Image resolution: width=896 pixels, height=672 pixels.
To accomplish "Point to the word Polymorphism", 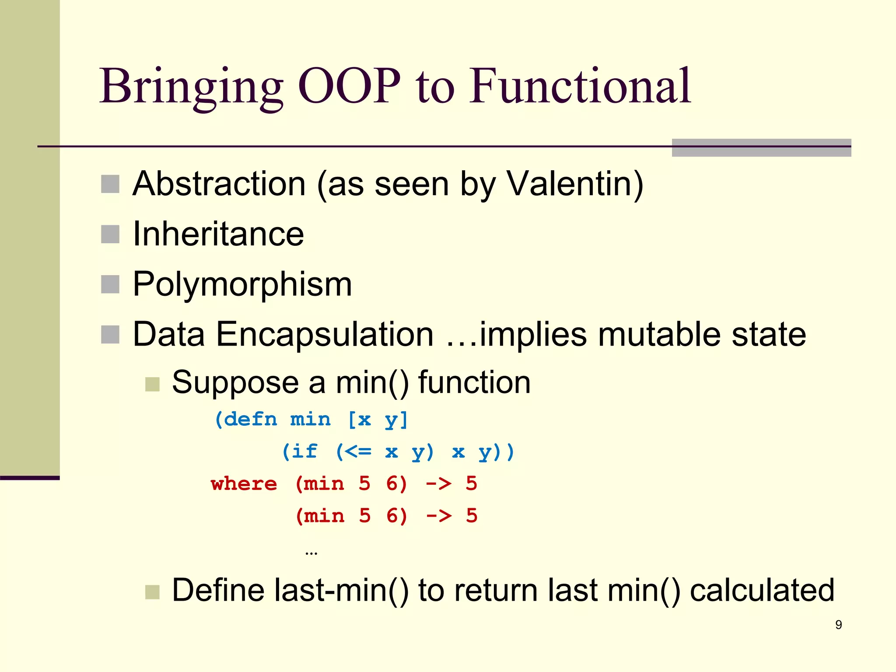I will pyautogui.click(x=242, y=284).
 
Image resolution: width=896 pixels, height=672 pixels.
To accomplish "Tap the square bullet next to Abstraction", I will pyautogui.click(x=110, y=184).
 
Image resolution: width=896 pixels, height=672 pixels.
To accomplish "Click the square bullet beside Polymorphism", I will pyautogui.click(x=110, y=284).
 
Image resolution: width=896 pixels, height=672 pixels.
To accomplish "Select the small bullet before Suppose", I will pyautogui.click(x=152, y=385).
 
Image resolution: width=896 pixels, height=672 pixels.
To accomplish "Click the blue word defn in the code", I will pyautogui.click(x=251, y=420).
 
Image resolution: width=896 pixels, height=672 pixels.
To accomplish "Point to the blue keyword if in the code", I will pyautogui.click(x=304, y=451).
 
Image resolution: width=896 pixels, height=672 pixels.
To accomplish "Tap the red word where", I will pyautogui.click(x=244, y=484).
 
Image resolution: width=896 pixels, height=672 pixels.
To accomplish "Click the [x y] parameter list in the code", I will pyautogui.click(x=378, y=420).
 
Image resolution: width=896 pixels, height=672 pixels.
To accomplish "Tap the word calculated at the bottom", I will pyautogui.click(x=762, y=591).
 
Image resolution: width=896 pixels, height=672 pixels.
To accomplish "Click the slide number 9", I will pyautogui.click(x=838, y=625).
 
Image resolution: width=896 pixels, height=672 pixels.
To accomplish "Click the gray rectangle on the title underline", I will pyautogui.click(x=761, y=148).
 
